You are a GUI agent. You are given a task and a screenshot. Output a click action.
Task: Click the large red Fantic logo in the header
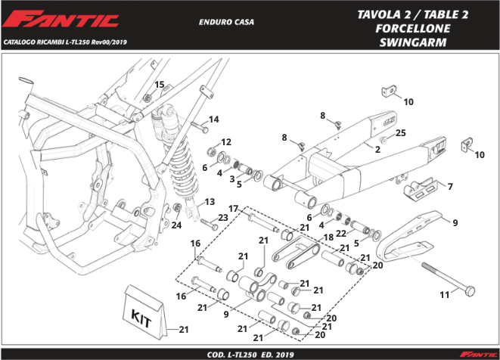pyautogui.click(x=61, y=20)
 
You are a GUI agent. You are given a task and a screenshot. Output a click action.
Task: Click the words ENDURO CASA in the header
pyautogui.click(x=226, y=22)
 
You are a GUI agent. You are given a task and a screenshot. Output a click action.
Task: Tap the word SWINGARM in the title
pyautogui.click(x=413, y=42)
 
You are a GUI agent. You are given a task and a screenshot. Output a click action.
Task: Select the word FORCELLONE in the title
pyautogui.click(x=412, y=29)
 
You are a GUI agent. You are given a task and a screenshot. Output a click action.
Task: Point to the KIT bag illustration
pyautogui.click(x=145, y=312)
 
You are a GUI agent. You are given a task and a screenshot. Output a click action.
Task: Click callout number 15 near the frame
pyautogui.click(x=159, y=85)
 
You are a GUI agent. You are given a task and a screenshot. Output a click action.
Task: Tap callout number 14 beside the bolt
pyautogui.click(x=213, y=119)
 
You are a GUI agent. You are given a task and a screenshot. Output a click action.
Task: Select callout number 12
pyautogui.click(x=226, y=142)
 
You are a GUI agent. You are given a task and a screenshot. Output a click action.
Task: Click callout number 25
pyautogui.click(x=400, y=133)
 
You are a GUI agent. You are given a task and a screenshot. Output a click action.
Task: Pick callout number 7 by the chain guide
pyautogui.click(x=450, y=186)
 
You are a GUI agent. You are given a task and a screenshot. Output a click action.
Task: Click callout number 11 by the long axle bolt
pyautogui.click(x=445, y=295)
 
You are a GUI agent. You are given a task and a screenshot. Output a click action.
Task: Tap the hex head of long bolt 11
pyautogui.click(x=470, y=291)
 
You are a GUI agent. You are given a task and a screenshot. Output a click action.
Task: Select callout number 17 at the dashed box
pyautogui.click(x=234, y=209)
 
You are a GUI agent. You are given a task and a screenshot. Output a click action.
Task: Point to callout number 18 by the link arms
pyautogui.click(x=328, y=237)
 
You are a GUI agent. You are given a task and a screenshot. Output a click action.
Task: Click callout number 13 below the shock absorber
pyautogui.click(x=210, y=201)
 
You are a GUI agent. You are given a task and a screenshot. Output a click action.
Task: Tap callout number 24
pyautogui.click(x=176, y=225)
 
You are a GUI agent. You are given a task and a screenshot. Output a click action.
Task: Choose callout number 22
pyautogui.click(x=341, y=234)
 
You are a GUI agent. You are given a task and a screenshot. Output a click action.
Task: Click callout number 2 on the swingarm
pyautogui.click(x=378, y=149)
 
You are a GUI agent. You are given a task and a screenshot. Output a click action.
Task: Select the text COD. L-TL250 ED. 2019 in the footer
pyautogui.click(x=250, y=355)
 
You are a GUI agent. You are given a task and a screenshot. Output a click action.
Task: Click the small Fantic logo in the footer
pyautogui.click(x=478, y=354)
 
